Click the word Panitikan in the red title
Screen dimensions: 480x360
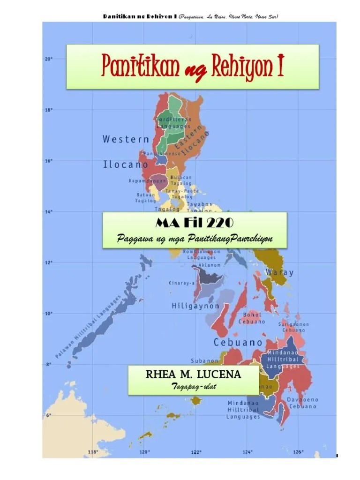point(140,67)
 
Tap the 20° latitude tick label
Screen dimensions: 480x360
point(48,59)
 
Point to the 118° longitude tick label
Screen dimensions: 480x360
point(93,452)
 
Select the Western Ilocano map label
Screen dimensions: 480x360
point(126,151)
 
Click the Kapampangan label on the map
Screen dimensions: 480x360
point(147,180)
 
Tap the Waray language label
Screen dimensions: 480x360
point(279,272)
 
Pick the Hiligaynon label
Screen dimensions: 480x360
point(195,306)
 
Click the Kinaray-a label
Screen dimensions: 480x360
point(181,283)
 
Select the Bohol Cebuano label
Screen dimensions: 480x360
point(252,318)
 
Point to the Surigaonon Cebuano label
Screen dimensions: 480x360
point(294,327)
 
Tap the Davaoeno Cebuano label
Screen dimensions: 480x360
point(302,403)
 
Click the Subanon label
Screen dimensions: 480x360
point(204,361)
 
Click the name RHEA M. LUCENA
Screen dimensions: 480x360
point(193,375)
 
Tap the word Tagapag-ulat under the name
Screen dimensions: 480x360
point(193,386)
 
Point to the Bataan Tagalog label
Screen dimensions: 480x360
point(145,198)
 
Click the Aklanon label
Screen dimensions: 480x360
point(209,265)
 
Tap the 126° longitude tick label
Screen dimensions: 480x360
point(298,452)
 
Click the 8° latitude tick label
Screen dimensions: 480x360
point(48,364)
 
